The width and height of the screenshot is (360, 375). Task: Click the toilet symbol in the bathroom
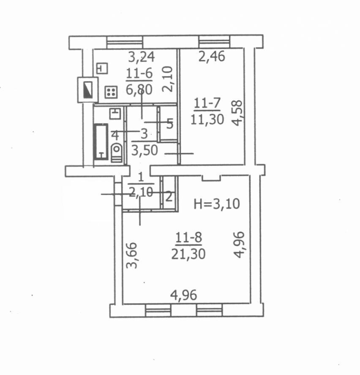[117, 153]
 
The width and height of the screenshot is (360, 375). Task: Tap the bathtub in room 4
[101, 141]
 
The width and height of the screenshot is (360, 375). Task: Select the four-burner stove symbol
[111, 92]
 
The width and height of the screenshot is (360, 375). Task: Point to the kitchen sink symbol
[102, 68]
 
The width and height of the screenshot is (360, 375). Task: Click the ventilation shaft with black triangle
[87, 90]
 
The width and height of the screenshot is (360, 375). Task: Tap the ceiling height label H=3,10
[217, 204]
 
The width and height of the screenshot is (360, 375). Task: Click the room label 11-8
[188, 238]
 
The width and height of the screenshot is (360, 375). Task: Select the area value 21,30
[188, 254]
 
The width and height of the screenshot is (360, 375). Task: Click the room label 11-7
[207, 103]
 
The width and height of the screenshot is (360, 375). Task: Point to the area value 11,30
[207, 119]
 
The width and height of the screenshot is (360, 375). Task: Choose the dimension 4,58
[237, 113]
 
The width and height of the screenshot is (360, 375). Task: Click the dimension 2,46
[212, 57]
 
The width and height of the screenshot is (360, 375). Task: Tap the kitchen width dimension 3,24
[142, 57]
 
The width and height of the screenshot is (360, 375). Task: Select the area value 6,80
[139, 90]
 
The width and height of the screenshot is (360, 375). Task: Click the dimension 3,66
[132, 255]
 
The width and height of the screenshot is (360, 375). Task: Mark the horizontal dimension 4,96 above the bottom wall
[183, 295]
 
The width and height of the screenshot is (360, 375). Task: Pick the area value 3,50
[145, 150]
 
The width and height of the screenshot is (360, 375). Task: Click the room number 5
[170, 124]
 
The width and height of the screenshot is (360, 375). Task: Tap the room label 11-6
[139, 73]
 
